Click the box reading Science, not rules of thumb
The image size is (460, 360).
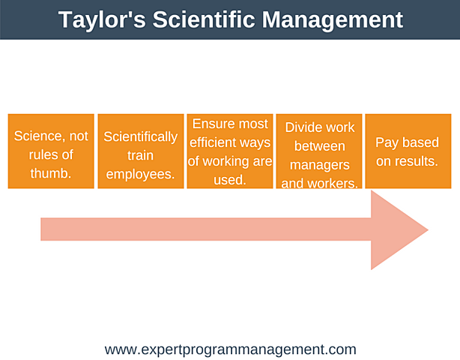click(x=51, y=151)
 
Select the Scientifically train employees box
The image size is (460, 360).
click(x=141, y=151)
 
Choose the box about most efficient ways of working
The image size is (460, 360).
click(x=229, y=151)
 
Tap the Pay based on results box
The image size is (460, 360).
click(x=408, y=151)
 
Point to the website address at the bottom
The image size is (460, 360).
click(x=230, y=349)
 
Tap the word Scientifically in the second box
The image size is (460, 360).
click(x=141, y=136)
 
